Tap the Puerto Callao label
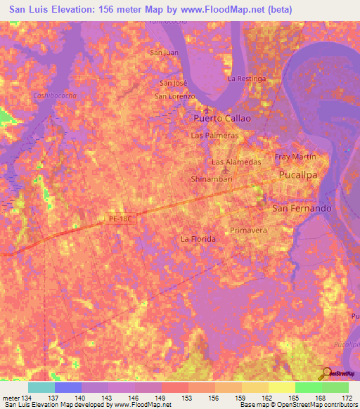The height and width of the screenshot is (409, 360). [221, 119]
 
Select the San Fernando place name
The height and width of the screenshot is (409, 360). [301, 209]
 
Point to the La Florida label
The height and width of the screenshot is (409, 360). [198, 239]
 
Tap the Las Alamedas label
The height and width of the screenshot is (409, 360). [236, 162]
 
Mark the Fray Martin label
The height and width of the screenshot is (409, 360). [295, 156]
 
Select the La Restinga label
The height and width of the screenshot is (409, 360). [247, 79]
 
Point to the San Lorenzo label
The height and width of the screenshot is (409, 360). [174, 96]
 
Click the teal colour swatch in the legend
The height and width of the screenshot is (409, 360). [41, 387]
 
